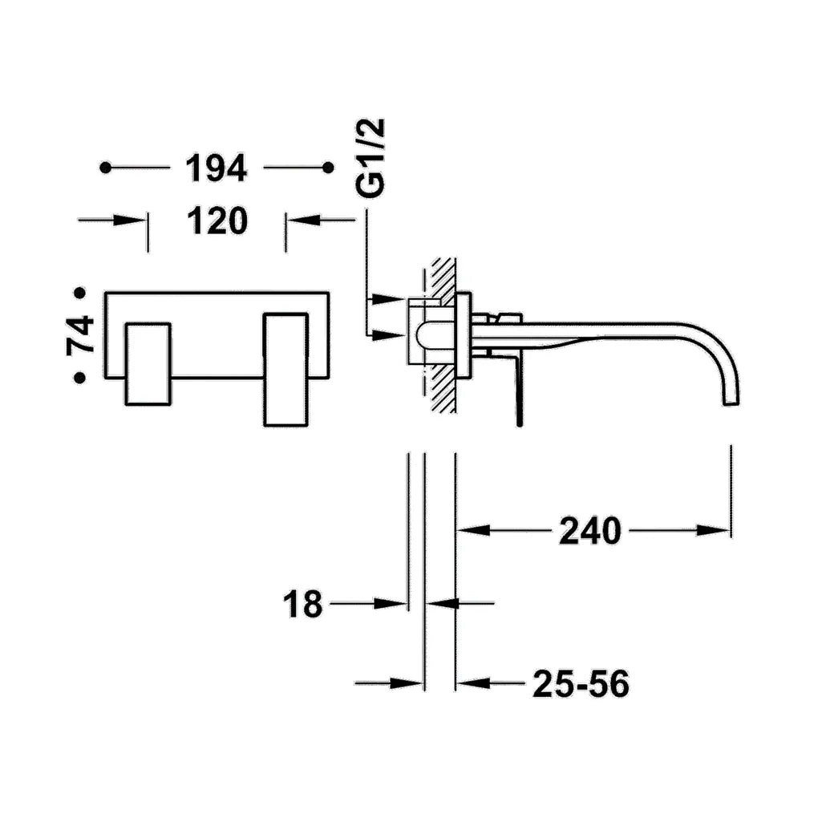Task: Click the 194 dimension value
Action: [x=216, y=168]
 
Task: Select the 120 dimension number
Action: [x=217, y=221]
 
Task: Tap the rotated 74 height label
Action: [x=81, y=335]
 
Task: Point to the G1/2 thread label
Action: [x=371, y=157]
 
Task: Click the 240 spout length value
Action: [x=590, y=531]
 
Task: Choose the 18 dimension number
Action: [x=302, y=604]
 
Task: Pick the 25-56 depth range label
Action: [x=581, y=683]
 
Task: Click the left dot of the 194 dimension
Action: [x=105, y=168]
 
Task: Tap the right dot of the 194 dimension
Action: [x=328, y=168]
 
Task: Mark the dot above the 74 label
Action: [x=80, y=294]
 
